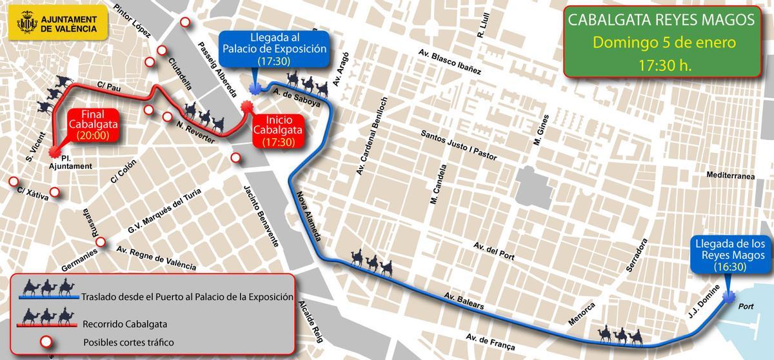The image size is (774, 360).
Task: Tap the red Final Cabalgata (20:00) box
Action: coord(92,125)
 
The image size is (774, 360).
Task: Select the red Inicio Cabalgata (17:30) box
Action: coord(279,131)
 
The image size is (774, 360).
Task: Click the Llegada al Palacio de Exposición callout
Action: coord(274,48)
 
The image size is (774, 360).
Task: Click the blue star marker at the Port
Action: coord(729,297)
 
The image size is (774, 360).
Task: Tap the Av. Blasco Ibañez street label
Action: coord(450,62)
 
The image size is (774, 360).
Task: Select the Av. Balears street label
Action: coord(464,301)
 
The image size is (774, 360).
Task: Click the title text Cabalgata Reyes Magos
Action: coord(660,21)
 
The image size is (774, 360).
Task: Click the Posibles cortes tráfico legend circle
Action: coord(46,341)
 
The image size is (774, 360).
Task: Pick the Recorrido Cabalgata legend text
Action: coord(123,323)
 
